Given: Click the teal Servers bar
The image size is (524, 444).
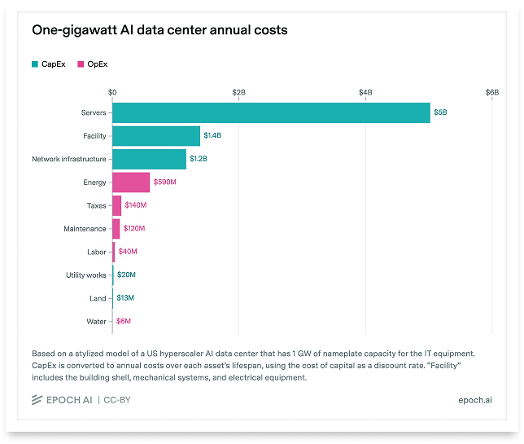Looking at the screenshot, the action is pyautogui.click(x=272, y=112).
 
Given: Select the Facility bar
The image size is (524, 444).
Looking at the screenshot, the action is pyautogui.click(x=156, y=136).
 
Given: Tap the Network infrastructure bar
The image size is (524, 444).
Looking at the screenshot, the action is pyautogui.click(x=149, y=159).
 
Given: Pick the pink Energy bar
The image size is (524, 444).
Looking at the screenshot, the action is pyautogui.click(x=131, y=182).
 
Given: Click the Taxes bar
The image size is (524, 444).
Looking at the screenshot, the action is pyautogui.click(x=116, y=205).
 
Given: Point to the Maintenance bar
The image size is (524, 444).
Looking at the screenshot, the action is pyautogui.click(x=116, y=229).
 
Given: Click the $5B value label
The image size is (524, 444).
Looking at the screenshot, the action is pyautogui.click(x=440, y=112).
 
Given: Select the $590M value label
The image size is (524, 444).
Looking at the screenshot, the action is pyautogui.click(x=164, y=182).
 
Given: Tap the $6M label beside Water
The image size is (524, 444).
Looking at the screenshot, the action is pyautogui.click(x=124, y=321).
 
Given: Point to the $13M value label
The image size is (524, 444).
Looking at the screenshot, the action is pyautogui.click(x=125, y=298).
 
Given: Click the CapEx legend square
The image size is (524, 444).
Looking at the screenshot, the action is pyautogui.click(x=35, y=64).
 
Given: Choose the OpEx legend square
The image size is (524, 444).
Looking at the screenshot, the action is pyautogui.click(x=81, y=64).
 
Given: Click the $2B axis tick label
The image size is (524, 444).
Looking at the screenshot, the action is pyautogui.click(x=239, y=92).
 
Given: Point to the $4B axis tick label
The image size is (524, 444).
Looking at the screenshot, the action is pyautogui.click(x=365, y=92).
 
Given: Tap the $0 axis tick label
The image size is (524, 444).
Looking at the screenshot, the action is pyautogui.click(x=112, y=92).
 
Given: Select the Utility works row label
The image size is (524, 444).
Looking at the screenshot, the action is pyautogui.click(x=86, y=275).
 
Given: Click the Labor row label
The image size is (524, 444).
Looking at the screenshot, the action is pyautogui.click(x=97, y=252).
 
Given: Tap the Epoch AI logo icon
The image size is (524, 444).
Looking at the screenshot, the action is pyautogui.click(x=37, y=400).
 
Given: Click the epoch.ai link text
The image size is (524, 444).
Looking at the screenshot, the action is pyautogui.click(x=475, y=400).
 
